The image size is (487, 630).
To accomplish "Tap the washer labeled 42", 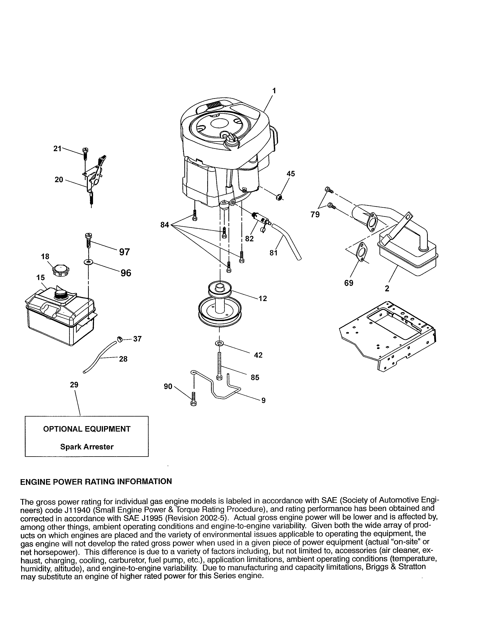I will (219, 343).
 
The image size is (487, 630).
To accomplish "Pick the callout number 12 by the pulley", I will (263, 299).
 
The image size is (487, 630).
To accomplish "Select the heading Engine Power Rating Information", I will (96, 481).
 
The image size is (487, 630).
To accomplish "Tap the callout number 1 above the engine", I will (274, 91).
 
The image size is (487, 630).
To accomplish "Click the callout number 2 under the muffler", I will (387, 288).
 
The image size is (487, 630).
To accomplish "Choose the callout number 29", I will (74, 385).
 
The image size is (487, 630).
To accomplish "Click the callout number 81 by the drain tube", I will (273, 253).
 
